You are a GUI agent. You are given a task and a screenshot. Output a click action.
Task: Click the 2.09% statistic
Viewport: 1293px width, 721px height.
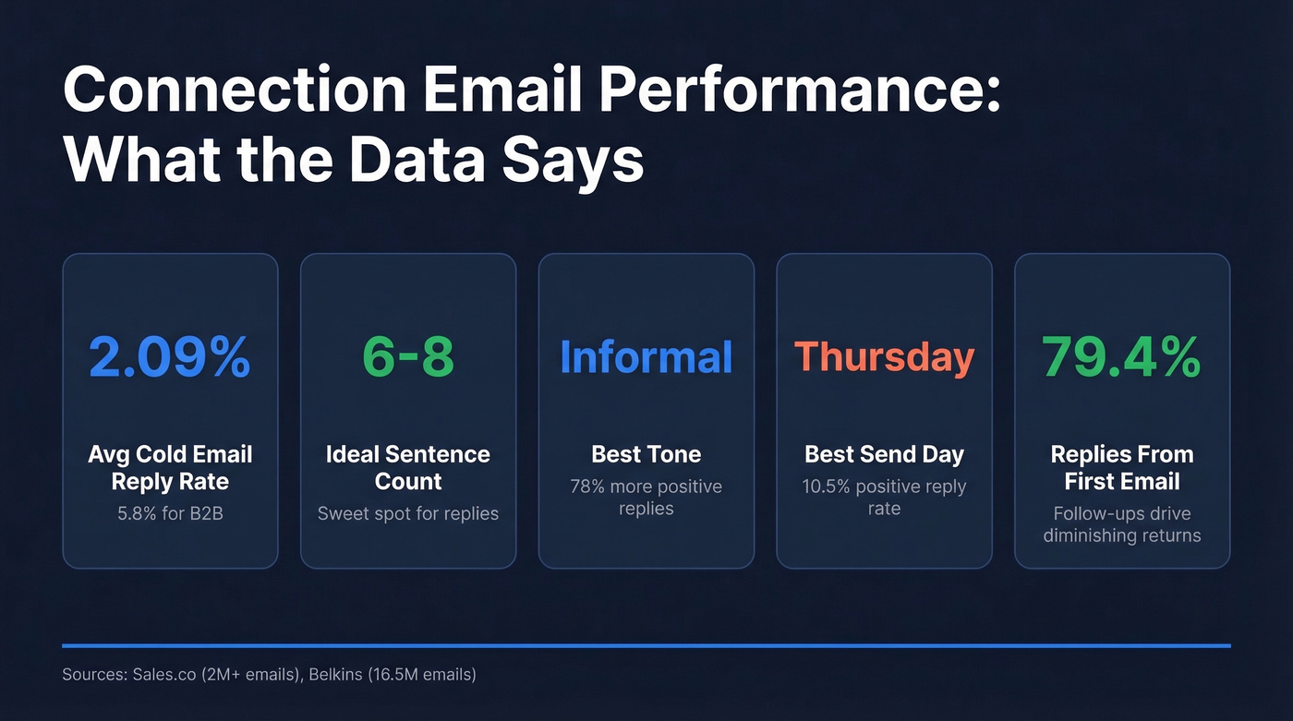170,358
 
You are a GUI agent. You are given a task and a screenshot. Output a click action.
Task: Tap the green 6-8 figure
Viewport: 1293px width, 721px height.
407,358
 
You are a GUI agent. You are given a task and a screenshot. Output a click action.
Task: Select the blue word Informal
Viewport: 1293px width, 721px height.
646,358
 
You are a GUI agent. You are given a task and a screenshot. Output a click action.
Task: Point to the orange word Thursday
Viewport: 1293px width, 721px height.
884,358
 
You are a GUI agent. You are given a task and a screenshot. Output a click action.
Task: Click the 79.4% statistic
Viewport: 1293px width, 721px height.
1121,358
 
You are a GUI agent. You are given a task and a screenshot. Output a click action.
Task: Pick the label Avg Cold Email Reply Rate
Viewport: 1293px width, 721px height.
170,468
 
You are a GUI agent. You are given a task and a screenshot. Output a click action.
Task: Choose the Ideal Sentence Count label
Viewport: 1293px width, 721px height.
407,468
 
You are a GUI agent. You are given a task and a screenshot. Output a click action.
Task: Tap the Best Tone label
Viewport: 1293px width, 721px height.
646,454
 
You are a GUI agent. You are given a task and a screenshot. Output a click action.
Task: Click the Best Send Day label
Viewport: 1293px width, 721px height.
884,454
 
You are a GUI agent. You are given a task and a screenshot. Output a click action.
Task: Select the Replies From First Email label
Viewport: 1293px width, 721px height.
1121,468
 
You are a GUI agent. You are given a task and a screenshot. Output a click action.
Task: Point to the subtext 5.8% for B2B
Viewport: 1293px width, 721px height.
170,513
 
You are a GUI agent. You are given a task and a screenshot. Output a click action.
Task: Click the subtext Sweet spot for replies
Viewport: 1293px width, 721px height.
407,513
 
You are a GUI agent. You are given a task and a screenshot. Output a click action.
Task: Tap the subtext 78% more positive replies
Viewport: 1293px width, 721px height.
646,498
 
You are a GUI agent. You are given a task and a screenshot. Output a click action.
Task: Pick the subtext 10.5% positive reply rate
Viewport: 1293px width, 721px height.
884,498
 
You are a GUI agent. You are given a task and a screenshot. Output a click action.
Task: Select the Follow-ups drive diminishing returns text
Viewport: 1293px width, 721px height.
1121,524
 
